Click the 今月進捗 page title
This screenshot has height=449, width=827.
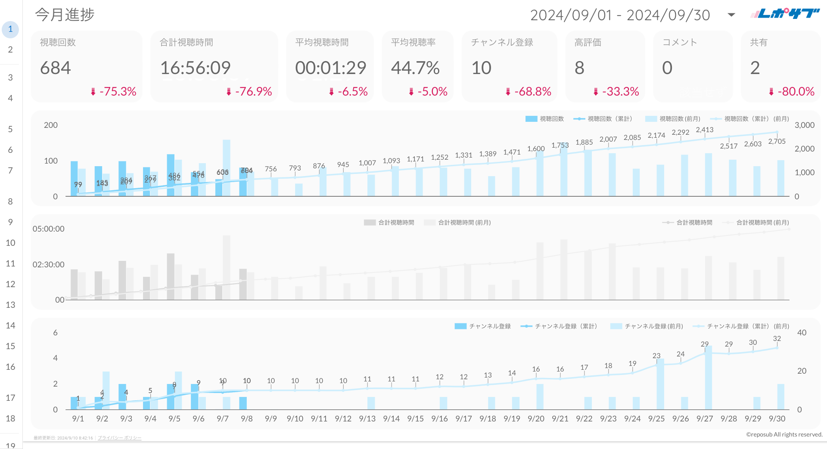65,15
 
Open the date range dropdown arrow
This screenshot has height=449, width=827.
731,15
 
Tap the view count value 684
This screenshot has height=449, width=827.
56,68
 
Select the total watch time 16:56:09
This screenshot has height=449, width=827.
196,68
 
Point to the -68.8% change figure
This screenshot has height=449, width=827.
532,92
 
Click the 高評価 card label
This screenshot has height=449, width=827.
588,42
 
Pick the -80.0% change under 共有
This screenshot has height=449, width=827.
796,92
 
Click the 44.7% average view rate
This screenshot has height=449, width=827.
415,68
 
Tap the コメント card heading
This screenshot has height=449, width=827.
679,42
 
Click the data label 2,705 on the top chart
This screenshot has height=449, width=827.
777,142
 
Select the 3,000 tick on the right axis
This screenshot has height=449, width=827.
804,125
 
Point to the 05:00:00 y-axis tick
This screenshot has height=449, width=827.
49,229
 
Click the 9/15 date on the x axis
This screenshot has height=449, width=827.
415,418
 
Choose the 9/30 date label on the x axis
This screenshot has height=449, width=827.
777,418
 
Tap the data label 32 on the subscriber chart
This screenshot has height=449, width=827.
777,339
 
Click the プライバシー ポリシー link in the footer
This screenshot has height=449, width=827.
119,438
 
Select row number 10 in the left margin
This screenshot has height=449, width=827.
10,243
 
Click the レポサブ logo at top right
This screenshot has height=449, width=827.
785,14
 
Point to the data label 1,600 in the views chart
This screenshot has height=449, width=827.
536,149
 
